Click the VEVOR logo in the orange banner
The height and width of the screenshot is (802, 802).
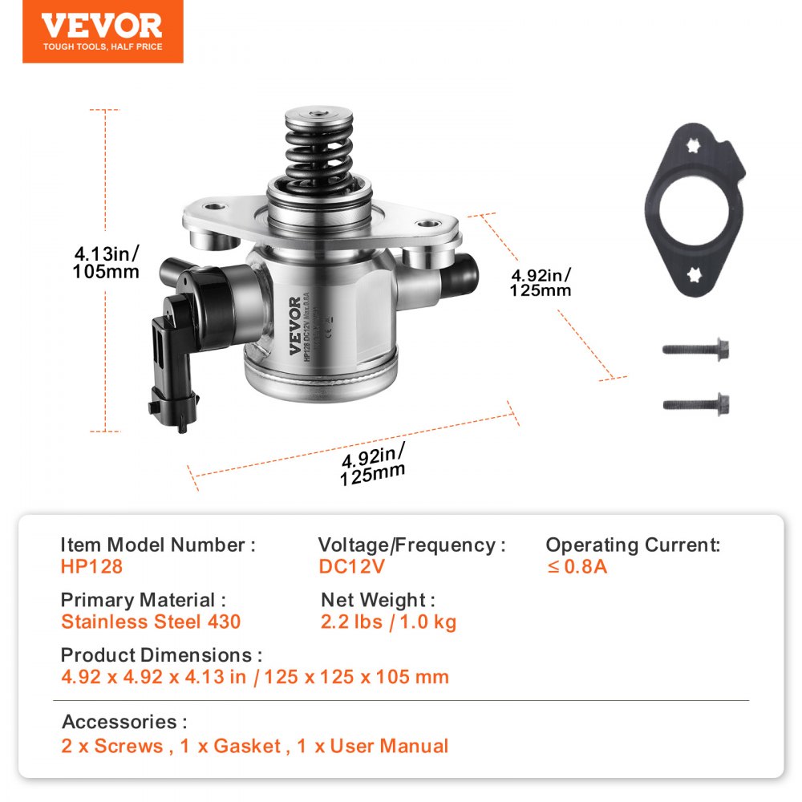click(102, 26)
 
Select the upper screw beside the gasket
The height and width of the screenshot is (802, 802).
click(695, 350)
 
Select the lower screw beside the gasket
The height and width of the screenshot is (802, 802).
click(695, 403)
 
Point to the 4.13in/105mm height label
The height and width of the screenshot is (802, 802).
click(106, 262)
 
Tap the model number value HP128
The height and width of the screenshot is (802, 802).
click(91, 566)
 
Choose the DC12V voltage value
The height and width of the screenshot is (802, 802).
click(352, 566)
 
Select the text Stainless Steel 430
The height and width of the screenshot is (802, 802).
click(151, 622)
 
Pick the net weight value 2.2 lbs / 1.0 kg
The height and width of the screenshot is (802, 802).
click(388, 622)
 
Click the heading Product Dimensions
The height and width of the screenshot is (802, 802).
click(160, 655)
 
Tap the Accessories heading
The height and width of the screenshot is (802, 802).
click(124, 722)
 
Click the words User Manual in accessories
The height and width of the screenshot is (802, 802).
click(389, 746)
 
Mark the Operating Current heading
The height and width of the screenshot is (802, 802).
click(633, 545)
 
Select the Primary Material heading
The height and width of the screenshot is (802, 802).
click(143, 600)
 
